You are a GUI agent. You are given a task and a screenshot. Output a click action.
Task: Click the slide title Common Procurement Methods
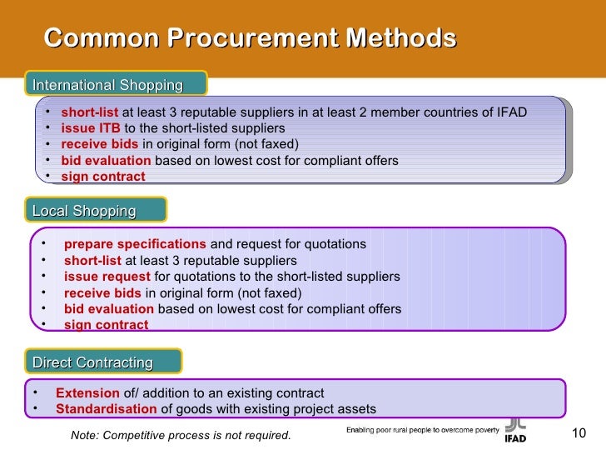250,37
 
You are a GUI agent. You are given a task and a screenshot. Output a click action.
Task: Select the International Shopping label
107,85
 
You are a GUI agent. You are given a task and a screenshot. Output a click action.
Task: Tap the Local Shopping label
84,211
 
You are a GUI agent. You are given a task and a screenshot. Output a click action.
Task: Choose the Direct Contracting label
92,362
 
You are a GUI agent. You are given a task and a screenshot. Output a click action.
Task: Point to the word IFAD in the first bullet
509,112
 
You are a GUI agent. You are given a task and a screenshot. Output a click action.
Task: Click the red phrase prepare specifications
135,244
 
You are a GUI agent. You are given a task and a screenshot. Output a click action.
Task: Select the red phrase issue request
107,276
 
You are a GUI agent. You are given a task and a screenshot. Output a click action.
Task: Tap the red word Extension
87,393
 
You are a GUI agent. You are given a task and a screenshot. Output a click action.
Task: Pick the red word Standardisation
106,409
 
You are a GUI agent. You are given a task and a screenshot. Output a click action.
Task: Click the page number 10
580,432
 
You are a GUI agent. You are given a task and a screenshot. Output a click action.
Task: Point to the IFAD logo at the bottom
515,428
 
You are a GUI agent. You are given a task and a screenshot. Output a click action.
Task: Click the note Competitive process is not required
181,436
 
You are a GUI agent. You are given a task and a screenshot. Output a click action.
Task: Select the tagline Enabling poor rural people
422,430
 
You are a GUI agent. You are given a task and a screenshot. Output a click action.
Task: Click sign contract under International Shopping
103,177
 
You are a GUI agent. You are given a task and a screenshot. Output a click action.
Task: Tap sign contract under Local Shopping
106,325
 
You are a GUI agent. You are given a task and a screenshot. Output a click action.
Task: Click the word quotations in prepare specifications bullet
336,244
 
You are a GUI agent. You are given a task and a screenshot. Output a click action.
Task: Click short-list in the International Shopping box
90,112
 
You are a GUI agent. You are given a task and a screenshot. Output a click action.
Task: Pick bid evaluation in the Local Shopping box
109,309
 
